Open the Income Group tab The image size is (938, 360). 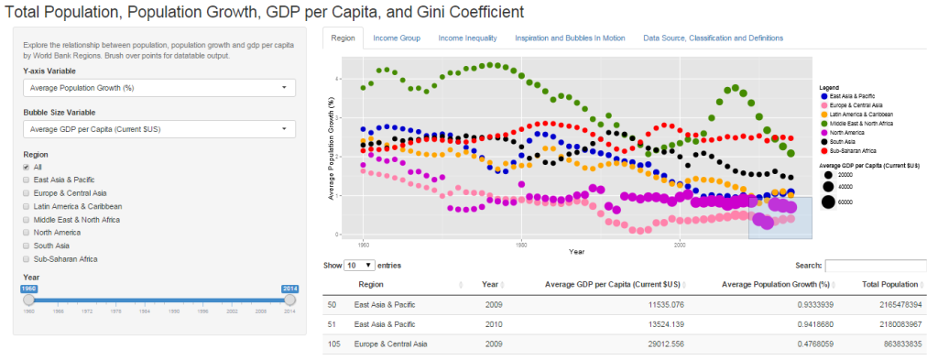pyautogui.click(x=397, y=38)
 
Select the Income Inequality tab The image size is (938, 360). pyautogui.click(x=467, y=38)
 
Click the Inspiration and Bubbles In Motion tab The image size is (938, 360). pyautogui.click(x=570, y=38)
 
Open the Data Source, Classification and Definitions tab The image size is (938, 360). pyautogui.click(x=713, y=38)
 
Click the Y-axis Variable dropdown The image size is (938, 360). pyautogui.click(x=159, y=88)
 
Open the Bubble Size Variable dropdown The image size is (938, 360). pyautogui.click(x=159, y=129)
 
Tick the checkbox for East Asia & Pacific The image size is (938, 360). pyautogui.click(x=27, y=180)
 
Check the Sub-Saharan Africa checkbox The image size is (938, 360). pyautogui.click(x=27, y=259)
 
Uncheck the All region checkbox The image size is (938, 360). pyautogui.click(x=27, y=167)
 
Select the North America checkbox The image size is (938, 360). pyautogui.click(x=27, y=233)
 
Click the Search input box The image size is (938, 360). pyautogui.click(x=875, y=266)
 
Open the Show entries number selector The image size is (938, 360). pyautogui.click(x=359, y=266)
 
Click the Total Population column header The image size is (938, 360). pyautogui.click(x=887, y=284)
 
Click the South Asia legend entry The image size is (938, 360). pyautogui.click(x=846, y=141)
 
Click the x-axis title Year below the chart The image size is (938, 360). pyautogui.click(x=576, y=251)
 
